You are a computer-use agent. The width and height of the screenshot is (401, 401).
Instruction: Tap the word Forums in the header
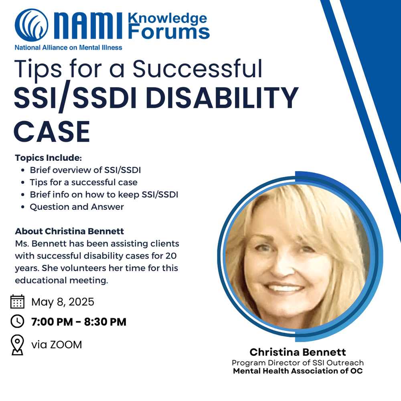[169, 32]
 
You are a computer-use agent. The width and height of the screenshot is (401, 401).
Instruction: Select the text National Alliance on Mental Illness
[69, 47]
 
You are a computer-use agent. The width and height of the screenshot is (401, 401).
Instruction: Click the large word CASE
[52, 131]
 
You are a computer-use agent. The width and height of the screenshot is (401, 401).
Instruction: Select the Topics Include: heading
[48, 158]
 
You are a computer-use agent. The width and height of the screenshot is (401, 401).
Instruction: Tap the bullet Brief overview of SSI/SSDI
[85, 170]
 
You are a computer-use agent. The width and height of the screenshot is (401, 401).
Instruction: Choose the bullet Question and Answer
[77, 207]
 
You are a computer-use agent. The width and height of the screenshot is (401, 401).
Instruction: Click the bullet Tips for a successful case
[83, 182]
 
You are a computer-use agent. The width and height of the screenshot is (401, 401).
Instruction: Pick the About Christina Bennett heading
[69, 231]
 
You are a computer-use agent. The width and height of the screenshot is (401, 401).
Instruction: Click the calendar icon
[17, 302]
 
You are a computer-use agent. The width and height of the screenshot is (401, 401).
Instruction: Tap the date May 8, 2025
[63, 302]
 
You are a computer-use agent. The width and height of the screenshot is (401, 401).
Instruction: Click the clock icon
[17, 321]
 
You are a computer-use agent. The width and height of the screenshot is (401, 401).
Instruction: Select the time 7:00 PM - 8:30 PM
[79, 322]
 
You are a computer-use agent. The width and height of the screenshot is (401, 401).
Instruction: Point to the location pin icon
[17, 345]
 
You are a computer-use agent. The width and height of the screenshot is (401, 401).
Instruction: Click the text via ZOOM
[57, 344]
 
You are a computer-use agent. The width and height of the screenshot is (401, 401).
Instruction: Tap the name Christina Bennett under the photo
[298, 352]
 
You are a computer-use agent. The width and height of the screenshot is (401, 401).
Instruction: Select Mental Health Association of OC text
[298, 371]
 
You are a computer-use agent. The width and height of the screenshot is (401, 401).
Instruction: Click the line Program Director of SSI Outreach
[298, 363]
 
